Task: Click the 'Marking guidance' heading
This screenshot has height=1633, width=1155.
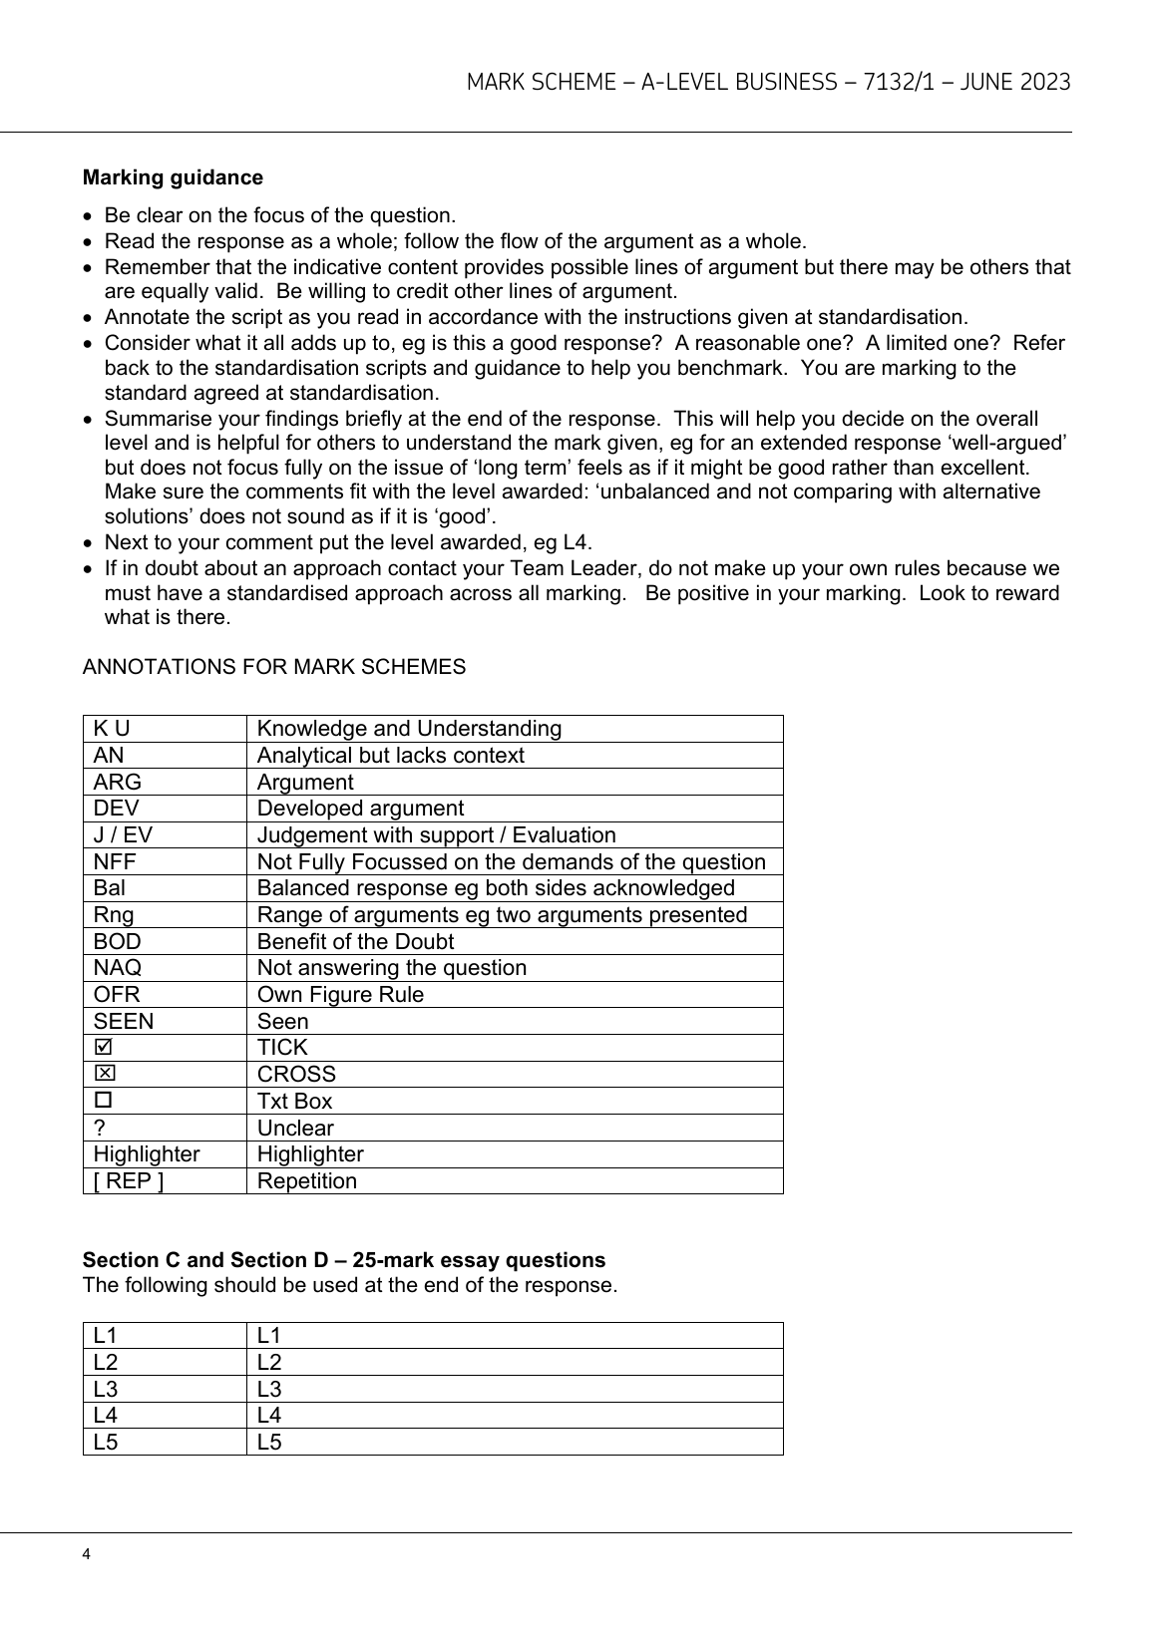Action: click(x=173, y=177)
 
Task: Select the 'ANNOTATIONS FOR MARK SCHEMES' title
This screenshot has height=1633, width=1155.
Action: click(x=273, y=667)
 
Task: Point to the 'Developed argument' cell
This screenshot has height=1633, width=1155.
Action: click(x=360, y=809)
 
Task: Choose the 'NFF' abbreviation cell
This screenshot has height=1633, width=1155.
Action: click(x=115, y=862)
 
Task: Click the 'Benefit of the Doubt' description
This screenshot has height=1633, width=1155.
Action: click(x=355, y=942)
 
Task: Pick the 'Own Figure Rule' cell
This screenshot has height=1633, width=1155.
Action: click(x=340, y=995)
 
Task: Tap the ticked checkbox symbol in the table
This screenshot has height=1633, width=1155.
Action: click(x=103, y=1047)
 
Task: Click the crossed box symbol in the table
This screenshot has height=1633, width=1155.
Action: click(x=103, y=1074)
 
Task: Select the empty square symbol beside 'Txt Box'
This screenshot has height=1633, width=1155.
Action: click(x=103, y=1101)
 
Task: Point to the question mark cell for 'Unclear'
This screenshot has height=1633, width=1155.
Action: click(x=99, y=1129)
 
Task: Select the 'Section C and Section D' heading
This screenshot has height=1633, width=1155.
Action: click(x=343, y=1259)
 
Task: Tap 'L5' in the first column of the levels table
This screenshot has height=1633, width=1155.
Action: click(x=106, y=1443)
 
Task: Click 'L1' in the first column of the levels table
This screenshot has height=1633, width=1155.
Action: click(x=105, y=1336)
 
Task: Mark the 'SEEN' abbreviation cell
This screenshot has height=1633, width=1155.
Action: click(x=124, y=1022)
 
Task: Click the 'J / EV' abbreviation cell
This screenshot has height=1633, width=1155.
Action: click(x=123, y=835)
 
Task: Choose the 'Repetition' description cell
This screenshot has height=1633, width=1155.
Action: click(x=306, y=1181)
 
